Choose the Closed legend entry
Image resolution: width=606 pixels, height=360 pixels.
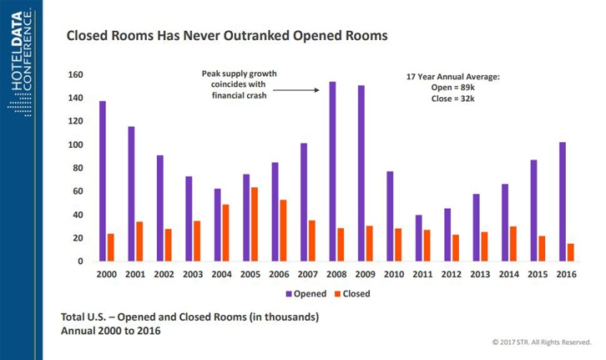click(350, 294)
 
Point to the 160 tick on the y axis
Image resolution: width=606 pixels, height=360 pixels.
click(76, 75)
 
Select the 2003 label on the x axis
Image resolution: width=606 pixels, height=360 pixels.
click(192, 274)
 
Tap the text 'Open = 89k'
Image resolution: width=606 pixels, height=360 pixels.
click(452, 86)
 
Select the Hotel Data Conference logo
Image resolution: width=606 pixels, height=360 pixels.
click(20, 58)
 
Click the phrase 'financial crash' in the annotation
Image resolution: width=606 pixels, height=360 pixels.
click(239, 95)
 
